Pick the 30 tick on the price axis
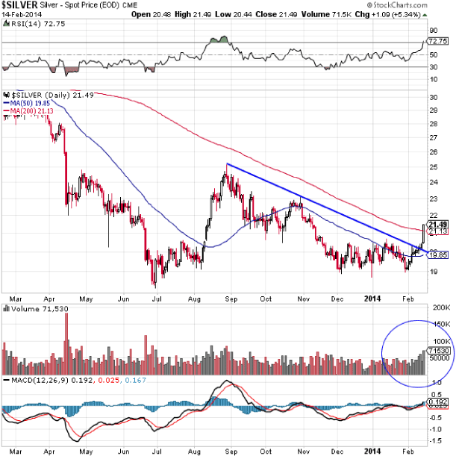pyautogui.click(x=432, y=97)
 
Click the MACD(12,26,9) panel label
pyautogui.click(x=34, y=381)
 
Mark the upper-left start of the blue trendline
pyautogui.click(x=226, y=163)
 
